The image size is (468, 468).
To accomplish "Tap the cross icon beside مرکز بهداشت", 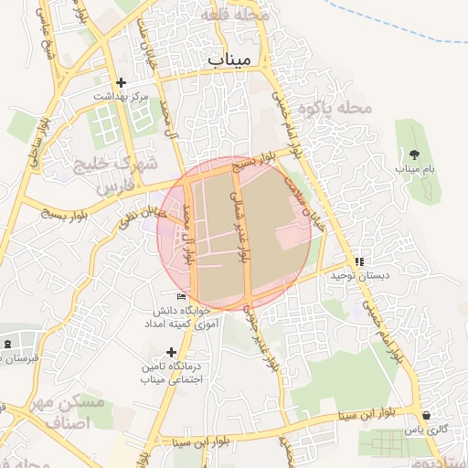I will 122,83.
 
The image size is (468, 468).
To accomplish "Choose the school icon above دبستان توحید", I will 359,261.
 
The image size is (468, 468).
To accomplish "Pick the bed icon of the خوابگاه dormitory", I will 181,297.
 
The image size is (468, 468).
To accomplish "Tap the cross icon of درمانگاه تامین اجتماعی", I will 171,352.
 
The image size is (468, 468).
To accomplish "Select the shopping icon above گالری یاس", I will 426,415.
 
